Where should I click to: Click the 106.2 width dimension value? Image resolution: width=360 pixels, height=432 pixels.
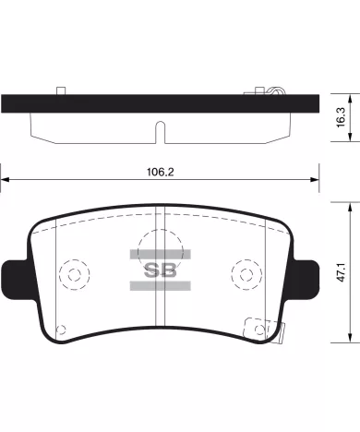click(160, 172)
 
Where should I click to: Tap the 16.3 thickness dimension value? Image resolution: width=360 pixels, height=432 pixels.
click(341, 117)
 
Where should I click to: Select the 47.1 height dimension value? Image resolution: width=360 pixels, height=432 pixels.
click(341, 272)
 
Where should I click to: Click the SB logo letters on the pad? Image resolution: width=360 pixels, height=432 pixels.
click(161, 270)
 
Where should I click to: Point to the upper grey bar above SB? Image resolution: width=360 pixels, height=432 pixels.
click(161, 255)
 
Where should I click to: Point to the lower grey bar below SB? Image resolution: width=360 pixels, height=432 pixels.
click(161, 286)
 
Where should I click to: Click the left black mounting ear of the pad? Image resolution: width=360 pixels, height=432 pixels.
click(17, 280)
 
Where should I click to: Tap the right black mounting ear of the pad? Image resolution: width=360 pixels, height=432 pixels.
click(304, 280)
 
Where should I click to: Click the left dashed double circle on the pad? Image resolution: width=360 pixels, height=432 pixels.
click(75, 274)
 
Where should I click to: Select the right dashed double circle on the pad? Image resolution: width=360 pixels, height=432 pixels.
click(246, 274)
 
